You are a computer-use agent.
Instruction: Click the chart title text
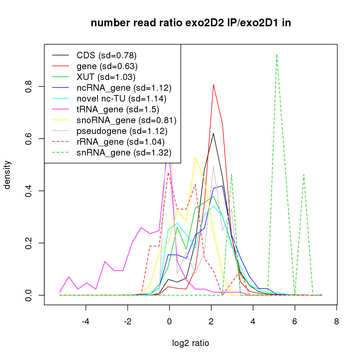[x=191, y=23]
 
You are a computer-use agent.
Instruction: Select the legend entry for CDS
[x=107, y=55]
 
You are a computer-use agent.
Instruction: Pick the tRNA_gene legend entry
[x=118, y=109]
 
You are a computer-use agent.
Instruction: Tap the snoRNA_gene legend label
[x=126, y=120]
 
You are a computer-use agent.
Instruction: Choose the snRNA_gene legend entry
[x=124, y=153]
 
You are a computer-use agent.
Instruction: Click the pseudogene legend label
[x=122, y=131]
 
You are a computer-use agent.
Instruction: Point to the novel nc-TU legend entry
[x=121, y=98]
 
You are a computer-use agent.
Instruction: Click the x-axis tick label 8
[x=336, y=321]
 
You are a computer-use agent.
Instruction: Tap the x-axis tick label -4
[x=85, y=321]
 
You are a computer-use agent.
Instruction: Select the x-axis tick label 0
[x=169, y=321]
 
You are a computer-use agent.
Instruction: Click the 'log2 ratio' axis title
[x=191, y=343]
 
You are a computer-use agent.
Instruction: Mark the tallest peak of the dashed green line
[x=276, y=55]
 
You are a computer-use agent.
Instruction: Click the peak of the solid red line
[x=213, y=85]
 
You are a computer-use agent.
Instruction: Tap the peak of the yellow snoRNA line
[x=195, y=157]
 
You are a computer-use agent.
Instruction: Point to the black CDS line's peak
[x=213, y=133]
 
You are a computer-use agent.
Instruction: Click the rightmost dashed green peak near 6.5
[x=304, y=174]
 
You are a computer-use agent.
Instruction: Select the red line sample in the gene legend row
[x=60, y=66]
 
